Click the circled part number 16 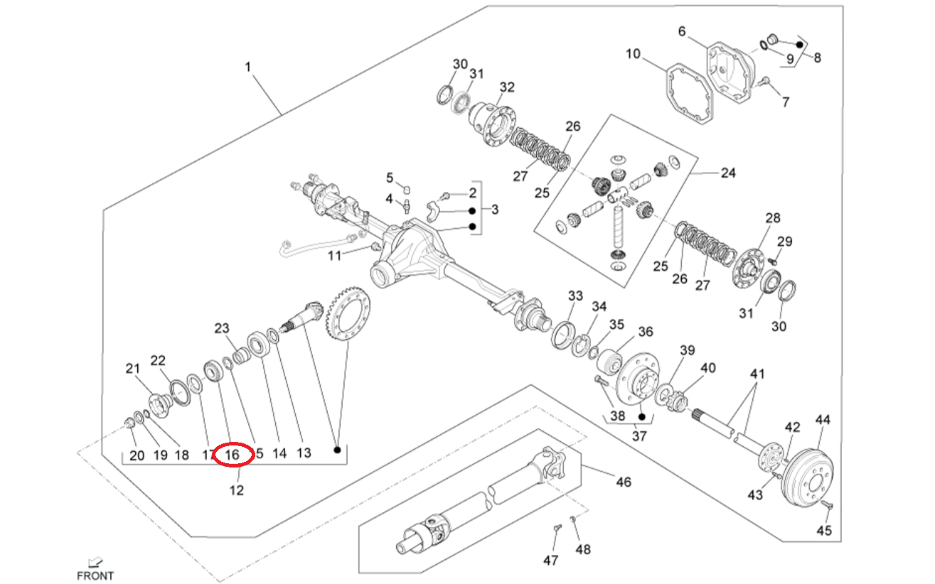coord(233,453)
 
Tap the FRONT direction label coord(95,575)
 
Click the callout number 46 coord(623,482)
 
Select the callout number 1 coord(248,67)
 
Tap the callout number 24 coord(728,173)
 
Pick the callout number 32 coord(506,87)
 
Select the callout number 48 coord(583,549)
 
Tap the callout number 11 coord(335,256)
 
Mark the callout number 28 coord(772,217)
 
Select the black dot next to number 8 coord(800,45)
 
